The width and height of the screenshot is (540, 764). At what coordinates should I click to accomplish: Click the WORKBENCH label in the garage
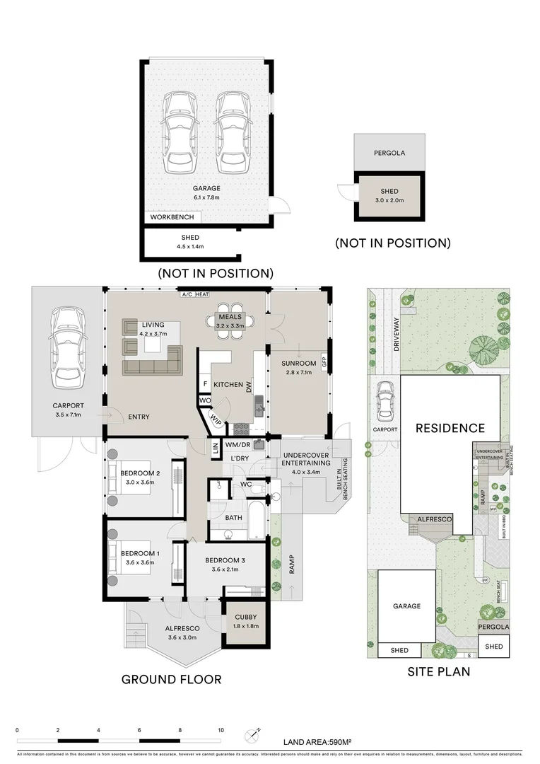(x=172, y=217)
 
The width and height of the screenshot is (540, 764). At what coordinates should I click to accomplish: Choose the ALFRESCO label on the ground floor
(x=182, y=627)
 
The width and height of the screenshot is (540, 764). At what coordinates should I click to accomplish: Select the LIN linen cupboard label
(x=214, y=447)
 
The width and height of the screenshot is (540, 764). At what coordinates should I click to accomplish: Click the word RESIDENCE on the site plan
(x=450, y=428)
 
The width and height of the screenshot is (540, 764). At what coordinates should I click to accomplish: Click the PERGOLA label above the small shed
(x=389, y=152)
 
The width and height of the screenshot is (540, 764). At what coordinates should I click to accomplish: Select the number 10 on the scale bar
(x=221, y=729)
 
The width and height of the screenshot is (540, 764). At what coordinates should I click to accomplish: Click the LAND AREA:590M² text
(x=318, y=741)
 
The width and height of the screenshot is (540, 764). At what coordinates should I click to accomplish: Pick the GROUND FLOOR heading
(x=171, y=679)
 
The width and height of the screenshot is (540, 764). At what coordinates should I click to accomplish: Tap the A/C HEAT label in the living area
(x=195, y=294)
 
